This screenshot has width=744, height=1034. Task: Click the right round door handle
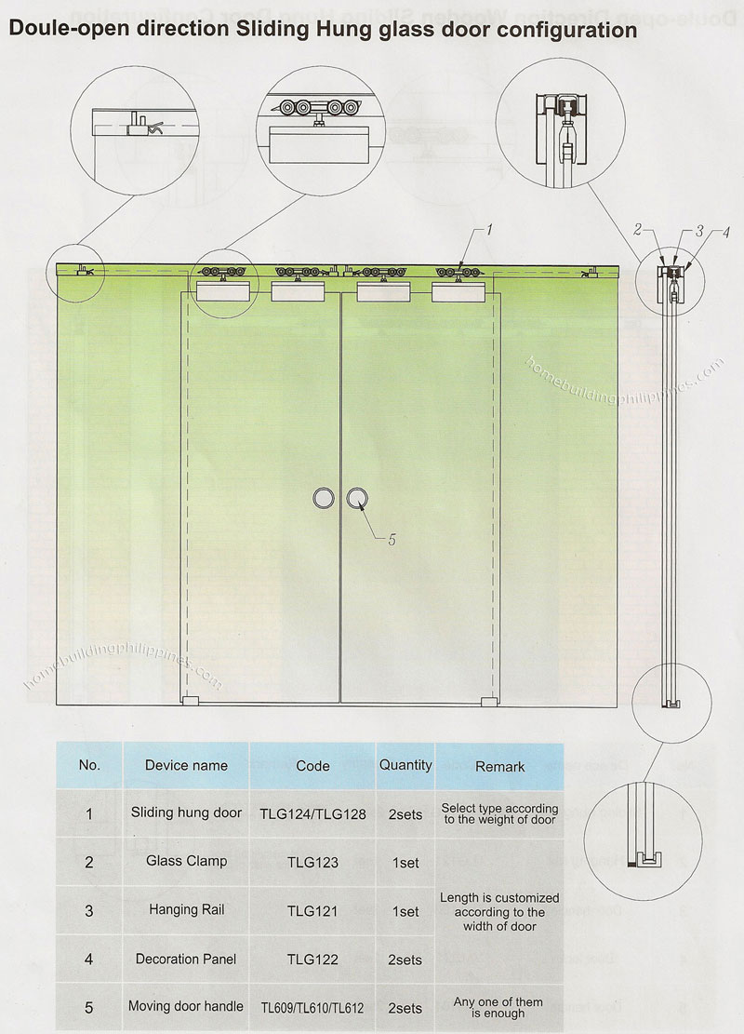tap(358, 499)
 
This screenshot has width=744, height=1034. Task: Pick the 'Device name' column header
tap(186, 766)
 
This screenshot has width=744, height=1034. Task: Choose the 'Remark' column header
tap(499, 767)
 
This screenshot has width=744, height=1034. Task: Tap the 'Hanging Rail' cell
tap(186, 911)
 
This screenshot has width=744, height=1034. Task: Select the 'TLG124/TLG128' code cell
tap(312, 814)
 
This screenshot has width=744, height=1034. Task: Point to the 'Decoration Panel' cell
tap(186, 960)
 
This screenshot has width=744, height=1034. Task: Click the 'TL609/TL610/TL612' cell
tap(312, 1008)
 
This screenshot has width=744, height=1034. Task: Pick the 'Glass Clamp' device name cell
tap(186, 862)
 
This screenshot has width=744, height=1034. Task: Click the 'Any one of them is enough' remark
tap(499, 1008)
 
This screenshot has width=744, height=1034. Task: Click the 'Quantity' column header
tap(405, 765)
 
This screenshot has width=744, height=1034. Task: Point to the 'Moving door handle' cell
tap(186, 1007)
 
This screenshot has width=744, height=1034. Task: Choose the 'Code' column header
tap(312, 766)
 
